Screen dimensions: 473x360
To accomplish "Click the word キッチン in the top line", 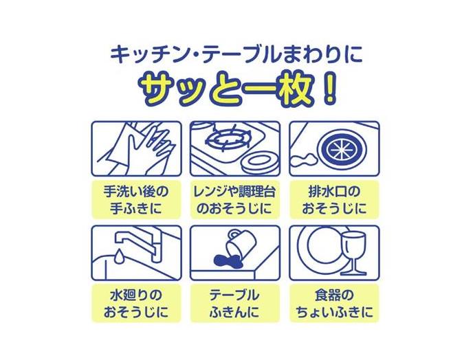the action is (143, 55).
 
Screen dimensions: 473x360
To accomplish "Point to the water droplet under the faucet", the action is (118, 256).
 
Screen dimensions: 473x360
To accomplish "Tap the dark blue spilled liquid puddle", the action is (227, 261).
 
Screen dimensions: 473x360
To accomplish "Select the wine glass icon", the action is (353, 253).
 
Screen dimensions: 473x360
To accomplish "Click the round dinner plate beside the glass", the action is (322, 251).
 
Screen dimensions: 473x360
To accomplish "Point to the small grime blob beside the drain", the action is (302, 158).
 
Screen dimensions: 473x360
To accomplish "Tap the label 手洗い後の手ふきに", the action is (136, 200).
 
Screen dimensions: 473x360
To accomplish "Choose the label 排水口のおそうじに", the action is (334, 200).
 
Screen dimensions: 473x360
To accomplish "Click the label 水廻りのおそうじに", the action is (136, 304).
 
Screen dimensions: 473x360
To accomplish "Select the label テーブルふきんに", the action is (235, 304).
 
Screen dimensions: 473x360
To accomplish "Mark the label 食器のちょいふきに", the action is (334, 304).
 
